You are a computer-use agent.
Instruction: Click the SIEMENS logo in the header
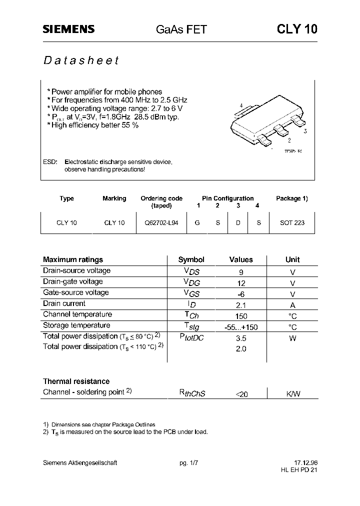point(68,29)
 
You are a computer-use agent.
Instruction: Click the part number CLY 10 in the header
point(297,29)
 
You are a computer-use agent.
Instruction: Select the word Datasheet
point(81,60)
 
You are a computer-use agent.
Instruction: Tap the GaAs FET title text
point(181,29)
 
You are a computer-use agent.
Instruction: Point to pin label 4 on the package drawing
point(241,105)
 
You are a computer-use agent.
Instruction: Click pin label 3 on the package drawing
point(304,131)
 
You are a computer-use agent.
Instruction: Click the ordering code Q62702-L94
point(161,222)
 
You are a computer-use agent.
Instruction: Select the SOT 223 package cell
point(292,222)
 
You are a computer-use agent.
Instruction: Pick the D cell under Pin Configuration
point(238,222)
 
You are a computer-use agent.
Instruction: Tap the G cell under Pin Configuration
point(197,222)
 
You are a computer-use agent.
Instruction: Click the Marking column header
point(114,198)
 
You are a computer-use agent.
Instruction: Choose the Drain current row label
point(64,303)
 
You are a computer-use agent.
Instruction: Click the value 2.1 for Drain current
point(241,305)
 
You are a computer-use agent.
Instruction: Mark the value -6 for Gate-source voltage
point(241,294)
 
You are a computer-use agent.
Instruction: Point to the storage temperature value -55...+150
point(241,327)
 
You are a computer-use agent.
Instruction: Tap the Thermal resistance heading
point(76,381)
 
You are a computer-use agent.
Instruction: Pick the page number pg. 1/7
point(189,463)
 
